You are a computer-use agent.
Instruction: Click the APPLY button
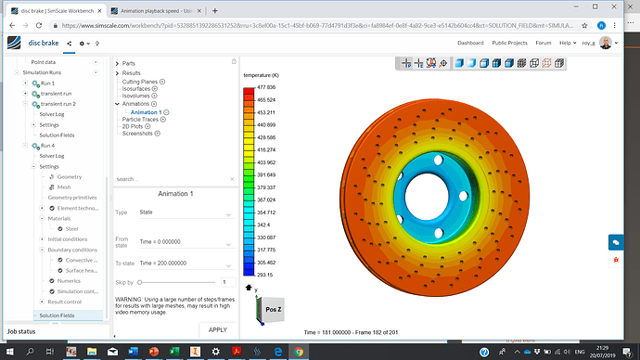point(217,329)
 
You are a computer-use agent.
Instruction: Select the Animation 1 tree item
point(146,112)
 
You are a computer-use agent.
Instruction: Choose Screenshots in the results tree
point(138,133)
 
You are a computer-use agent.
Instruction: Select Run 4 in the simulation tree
point(47,146)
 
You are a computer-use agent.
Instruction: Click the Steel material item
point(71,228)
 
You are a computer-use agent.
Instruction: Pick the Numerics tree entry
point(69,280)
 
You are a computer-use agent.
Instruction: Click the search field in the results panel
point(172,179)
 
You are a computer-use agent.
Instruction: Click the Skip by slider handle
point(140,281)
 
